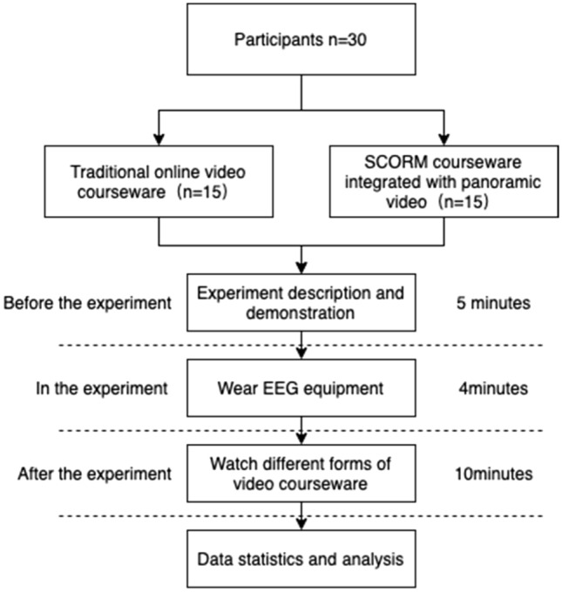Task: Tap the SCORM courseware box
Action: [444, 181]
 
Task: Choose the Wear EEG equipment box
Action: [301, 388]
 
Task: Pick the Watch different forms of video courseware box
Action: [301, 474]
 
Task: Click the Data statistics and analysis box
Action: [301, 560]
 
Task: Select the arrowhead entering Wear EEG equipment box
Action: [301, 358]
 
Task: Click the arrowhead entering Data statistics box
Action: [301, 528]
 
